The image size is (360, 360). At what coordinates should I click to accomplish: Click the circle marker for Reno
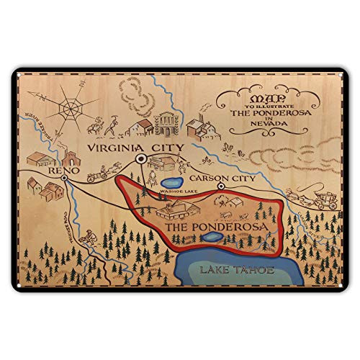[65, 177]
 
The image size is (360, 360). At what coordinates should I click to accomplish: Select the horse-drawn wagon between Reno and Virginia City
[99, 173]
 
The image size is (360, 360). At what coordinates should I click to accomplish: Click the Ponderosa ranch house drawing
[176, 210]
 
